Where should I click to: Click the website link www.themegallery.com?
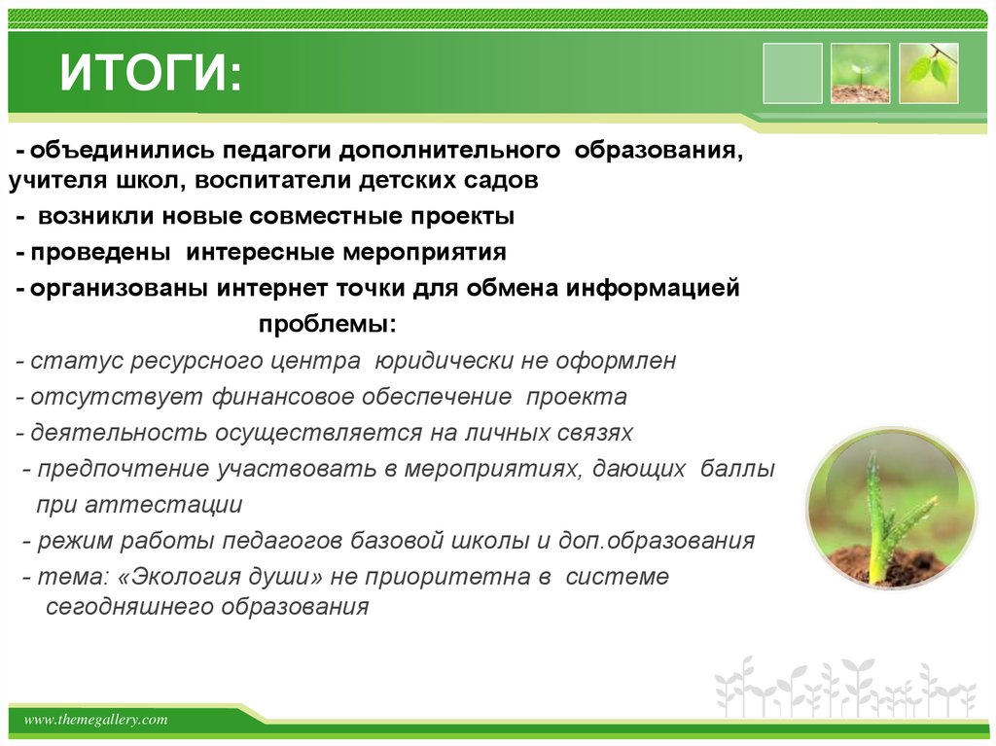click(95, 720)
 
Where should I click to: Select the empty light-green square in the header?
click(792, 73)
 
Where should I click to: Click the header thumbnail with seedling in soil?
click(860, 73)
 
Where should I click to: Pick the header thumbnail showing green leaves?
click(928, 73)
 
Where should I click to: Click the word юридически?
click(437, 361)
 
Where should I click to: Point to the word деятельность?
click(95, 433)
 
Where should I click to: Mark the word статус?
click(63, 361)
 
